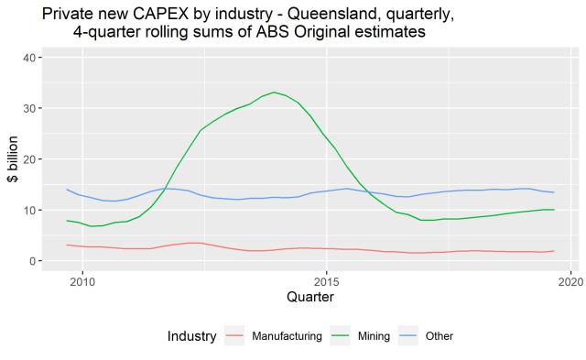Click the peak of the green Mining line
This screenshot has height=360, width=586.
pyautogui.click(x=274, y=92)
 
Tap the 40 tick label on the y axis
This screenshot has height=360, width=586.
pyautogui.click(x=31, y=58)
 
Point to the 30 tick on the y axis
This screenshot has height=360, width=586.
pyautogui.click(x=31, y=108)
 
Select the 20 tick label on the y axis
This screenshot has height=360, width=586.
pyautogui.click(x=31, y=159)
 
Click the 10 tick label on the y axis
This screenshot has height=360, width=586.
pyautogui.click(x=31, y=210)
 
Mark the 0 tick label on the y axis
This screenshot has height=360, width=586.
pyautogui.click(x=34, y=261)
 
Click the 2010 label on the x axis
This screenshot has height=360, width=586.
pyautogui.click(x=82, y=279)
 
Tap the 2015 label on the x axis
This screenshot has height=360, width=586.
pyautogui.click(x=327, y=279)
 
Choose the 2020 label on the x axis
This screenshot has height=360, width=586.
pyautogui.click(x=570, y=279)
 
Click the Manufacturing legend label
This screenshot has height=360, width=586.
pyautogui.click(x=287, y=336)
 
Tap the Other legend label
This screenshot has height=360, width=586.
pyautogui.click(x=439, y=336)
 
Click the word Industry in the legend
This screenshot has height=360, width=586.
pyautogui.click(x=191, y=336)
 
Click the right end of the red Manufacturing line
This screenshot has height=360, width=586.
pyautogui.click(x=555, y=251)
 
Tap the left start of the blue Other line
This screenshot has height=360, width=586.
pyautogui.click(x=67, y=190)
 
